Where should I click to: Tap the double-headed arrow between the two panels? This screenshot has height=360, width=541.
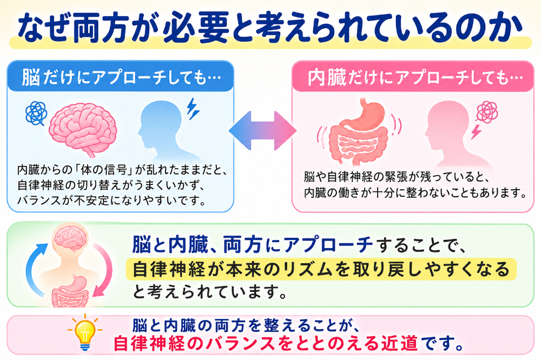[262, 131]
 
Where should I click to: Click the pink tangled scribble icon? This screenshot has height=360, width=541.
[487, 112]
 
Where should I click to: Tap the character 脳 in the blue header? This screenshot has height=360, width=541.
[31, 77]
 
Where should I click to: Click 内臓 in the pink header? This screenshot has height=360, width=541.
[327, 77]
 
